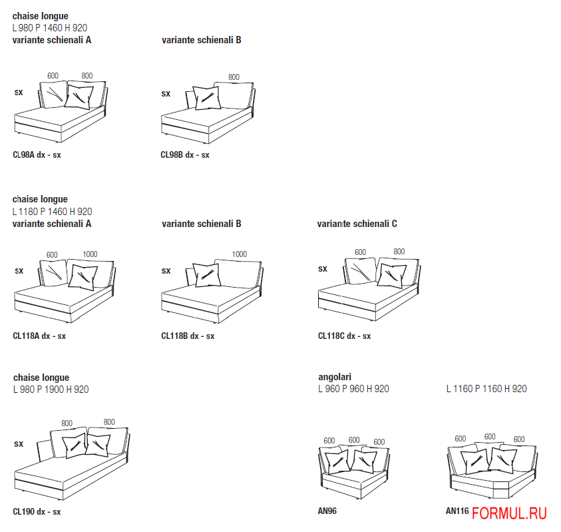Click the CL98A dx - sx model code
click(37, 155)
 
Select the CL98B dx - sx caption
click(184, 155)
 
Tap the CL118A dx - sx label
click(39, 336)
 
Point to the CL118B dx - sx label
click(188, 336)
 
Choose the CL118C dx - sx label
click(344, 336)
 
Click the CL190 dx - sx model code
click(37, 512)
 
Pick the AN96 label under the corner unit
click(327, 511)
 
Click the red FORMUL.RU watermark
click(509, 514)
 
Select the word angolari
click(335, 377)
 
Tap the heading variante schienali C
click(357, 224)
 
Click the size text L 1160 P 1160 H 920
click(486, 389)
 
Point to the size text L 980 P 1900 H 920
click(51, 390)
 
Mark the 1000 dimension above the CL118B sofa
click(240, 254)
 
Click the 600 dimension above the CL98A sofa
click(53, 76)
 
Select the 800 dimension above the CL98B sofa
click(234, 77)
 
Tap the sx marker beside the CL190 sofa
click(19, 444)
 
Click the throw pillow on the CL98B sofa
click(207, 98)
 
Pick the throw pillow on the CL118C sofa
click(392, 276)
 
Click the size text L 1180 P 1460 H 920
click(52, 212)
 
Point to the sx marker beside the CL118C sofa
click(322, 269)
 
